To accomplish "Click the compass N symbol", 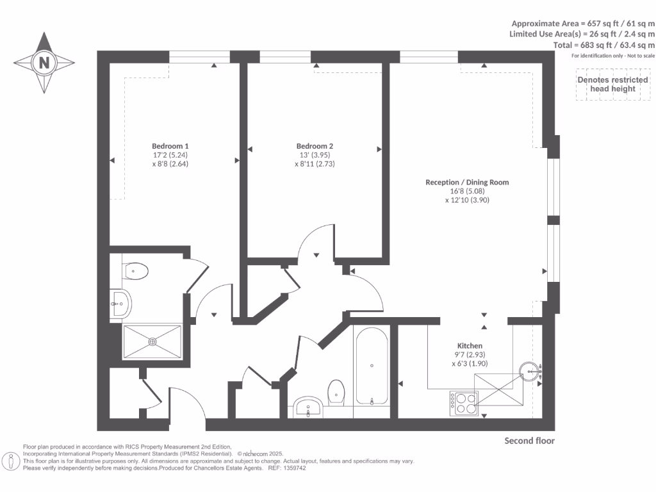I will click(44, 63).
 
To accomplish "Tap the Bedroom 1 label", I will click(170, 145).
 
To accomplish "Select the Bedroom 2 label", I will click(315, 145).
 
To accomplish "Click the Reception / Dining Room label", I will click(467, 182).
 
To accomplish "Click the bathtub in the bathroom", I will click(372, 366).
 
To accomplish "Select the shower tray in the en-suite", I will click(152, 341).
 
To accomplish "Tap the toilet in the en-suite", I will click(135, 271).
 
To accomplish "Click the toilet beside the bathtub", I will click(336, 392).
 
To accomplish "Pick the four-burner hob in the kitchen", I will click(463, 402).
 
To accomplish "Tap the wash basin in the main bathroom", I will click(309, 406).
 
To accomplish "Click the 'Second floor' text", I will click(529, 441).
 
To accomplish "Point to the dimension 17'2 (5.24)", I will click(170, 154).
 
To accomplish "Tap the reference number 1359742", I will click(294, 468).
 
